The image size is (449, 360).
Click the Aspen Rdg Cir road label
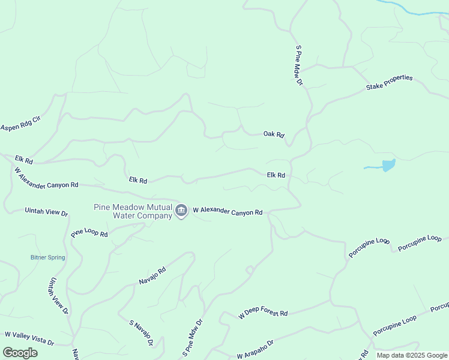point(20,123)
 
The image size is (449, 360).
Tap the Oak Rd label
point(273,134)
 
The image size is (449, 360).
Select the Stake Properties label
point(390,83)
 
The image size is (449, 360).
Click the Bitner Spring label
point(47,257)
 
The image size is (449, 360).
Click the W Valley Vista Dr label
point(29,338)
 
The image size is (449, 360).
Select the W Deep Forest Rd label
point(263,314)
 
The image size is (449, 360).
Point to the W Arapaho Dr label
point(255,349)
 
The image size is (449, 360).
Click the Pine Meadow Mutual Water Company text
point(133,211)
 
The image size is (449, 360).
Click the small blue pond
point(388,165)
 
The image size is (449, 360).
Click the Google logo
point(20,353)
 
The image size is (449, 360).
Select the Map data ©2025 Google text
point(412,355)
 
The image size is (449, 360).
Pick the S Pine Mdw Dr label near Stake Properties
point(299,65)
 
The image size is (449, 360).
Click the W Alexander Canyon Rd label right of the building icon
point(228,212)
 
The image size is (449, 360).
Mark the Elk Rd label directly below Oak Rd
point(276,175)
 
